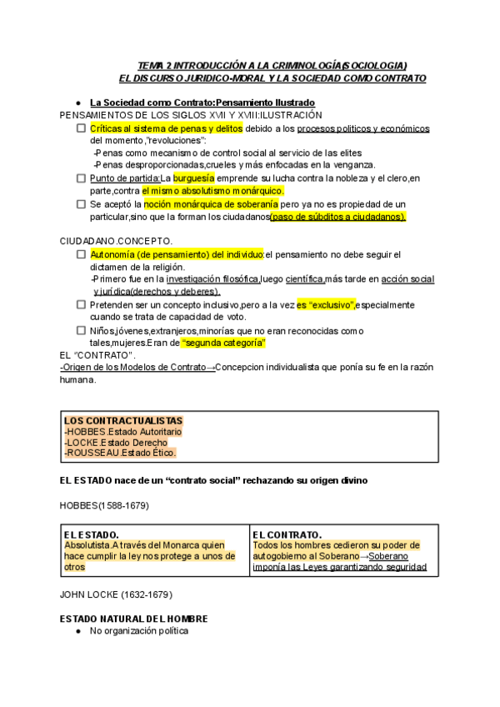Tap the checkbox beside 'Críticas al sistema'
(81, 128)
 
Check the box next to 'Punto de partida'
(81, 178)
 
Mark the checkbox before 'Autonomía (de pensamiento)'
(81, 254)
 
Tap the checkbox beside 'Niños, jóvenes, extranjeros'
(81, 331)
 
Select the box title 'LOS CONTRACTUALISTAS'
(123, 420)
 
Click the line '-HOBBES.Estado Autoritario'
(122, 432)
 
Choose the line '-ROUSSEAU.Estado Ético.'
(120, 453)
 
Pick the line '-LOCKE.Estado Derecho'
(115, 443)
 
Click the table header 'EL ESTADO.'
(91, 534)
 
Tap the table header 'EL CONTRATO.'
(287, 534)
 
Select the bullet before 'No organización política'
(77, 631)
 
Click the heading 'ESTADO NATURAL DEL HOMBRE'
(133, 619)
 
